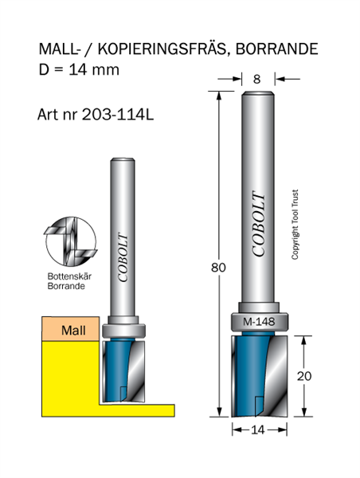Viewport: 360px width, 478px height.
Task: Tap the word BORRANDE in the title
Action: [277, 49]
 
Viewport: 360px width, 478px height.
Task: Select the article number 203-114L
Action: [118, 115]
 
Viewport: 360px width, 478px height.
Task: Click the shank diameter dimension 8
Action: [256, 79]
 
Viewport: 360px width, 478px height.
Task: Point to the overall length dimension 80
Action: [218, 268]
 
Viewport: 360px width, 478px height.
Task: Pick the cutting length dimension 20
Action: [304, 376]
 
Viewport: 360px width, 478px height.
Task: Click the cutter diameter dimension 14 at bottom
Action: [258, 430]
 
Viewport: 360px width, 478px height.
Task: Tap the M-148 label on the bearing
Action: [259, 322]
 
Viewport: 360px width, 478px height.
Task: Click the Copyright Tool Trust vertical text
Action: [295, 225]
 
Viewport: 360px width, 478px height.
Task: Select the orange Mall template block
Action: [70, 328]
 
